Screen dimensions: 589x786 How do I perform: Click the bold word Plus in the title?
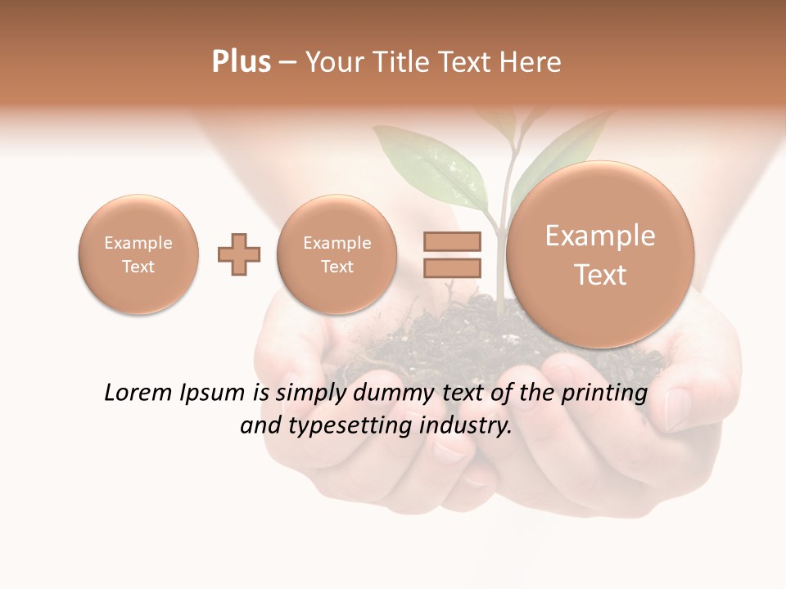click(241, 62)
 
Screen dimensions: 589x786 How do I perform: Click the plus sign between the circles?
click(239, 254)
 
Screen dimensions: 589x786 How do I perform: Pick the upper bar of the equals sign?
click(452, 242)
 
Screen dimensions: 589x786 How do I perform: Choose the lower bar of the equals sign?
click(452, 268)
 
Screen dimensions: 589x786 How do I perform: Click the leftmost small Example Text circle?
click(138, 254)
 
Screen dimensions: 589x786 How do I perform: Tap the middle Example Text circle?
click(337, 254)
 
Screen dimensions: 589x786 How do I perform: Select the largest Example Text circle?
click(600, 254)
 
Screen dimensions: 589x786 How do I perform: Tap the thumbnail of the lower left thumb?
click(449, 447)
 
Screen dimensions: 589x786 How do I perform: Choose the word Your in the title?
click(332, 62)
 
